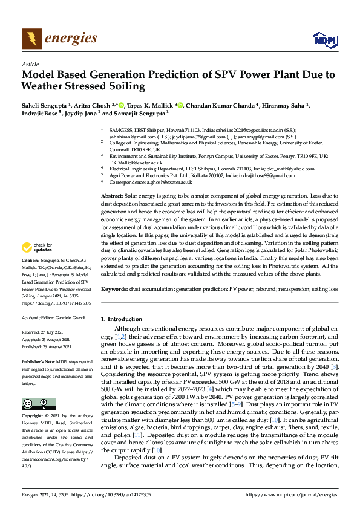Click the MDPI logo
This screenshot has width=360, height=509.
(x=323, y=40)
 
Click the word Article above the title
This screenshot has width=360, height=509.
(x=30, y=64)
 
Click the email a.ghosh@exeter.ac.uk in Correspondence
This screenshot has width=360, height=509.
(x=166, y=181)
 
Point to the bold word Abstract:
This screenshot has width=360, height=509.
(x=111, y=196)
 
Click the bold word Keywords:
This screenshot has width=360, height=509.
(x=114, y=290)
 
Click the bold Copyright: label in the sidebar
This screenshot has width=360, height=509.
(x=34, y=417)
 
